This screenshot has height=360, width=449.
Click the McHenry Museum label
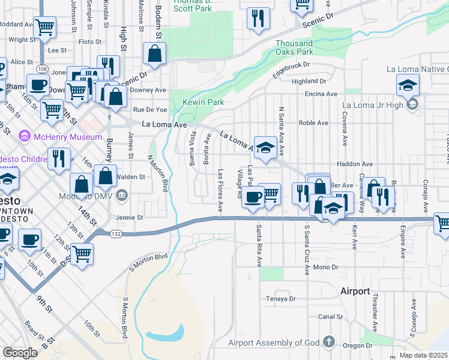[x=68, y=137]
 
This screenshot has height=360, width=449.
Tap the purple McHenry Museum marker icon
[x=25, y=136]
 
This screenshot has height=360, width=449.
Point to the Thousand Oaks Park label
[x=294, y=47]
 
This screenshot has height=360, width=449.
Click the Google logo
[x=20, y=353]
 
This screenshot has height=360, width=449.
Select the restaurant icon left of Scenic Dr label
[x=259, y=17]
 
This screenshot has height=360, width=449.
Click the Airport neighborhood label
[x=355, y=291]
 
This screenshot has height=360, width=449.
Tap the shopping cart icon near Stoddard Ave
[x=44, y=27]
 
